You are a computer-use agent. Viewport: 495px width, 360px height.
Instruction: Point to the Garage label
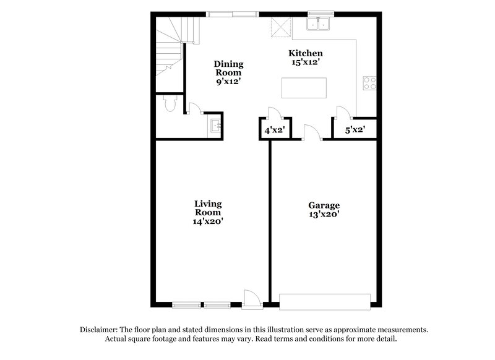pyautogui.click(x=324, y=205)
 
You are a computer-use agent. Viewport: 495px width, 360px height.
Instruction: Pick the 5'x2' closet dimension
pyautogui.click(x=355, y=131)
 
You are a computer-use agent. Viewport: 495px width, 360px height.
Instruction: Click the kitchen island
pyautogui.click(x=303, y=87)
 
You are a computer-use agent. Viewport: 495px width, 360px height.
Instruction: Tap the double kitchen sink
pyautogui.click(x=320, y=24)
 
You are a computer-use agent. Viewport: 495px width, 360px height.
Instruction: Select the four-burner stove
pyautogui.click(x=369, y=83)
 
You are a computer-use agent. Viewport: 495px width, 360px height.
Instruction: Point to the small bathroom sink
pyautogui.click(x=215, y=126)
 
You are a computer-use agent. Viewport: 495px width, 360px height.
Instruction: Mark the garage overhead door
pyautogui.click(x=325, y=302)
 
